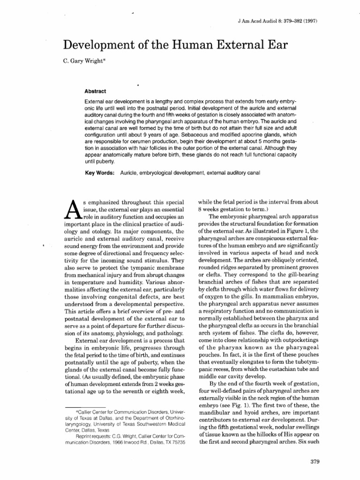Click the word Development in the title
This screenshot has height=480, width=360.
(x=97, y=45)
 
